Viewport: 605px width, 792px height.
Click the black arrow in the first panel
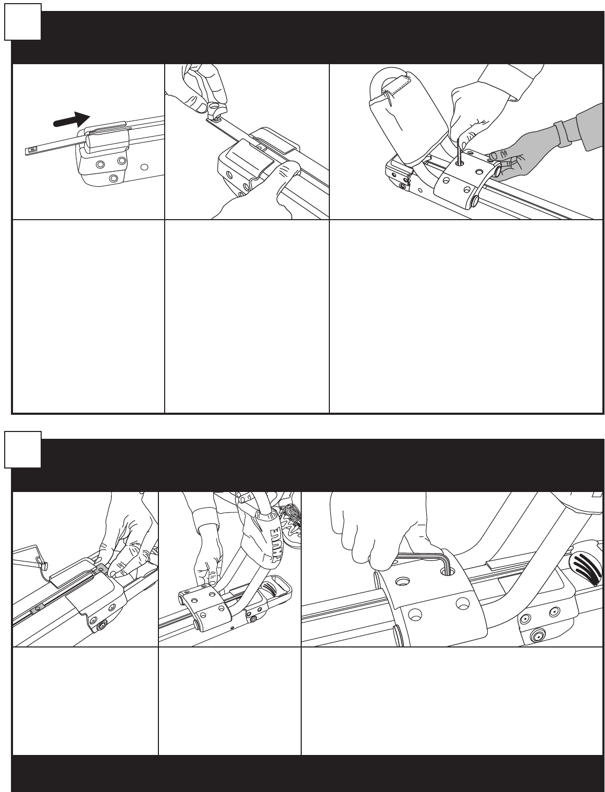coord(72,120)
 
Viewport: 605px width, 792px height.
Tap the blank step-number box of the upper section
coord(23,21)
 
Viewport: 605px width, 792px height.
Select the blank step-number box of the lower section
coord(23,450)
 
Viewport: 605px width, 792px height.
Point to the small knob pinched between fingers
coord(215,107)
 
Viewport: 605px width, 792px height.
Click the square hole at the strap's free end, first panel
coord(32,149)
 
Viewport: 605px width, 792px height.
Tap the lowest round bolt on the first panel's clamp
coord(114,178)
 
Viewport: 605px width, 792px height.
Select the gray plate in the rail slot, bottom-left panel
coord(36,609)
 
